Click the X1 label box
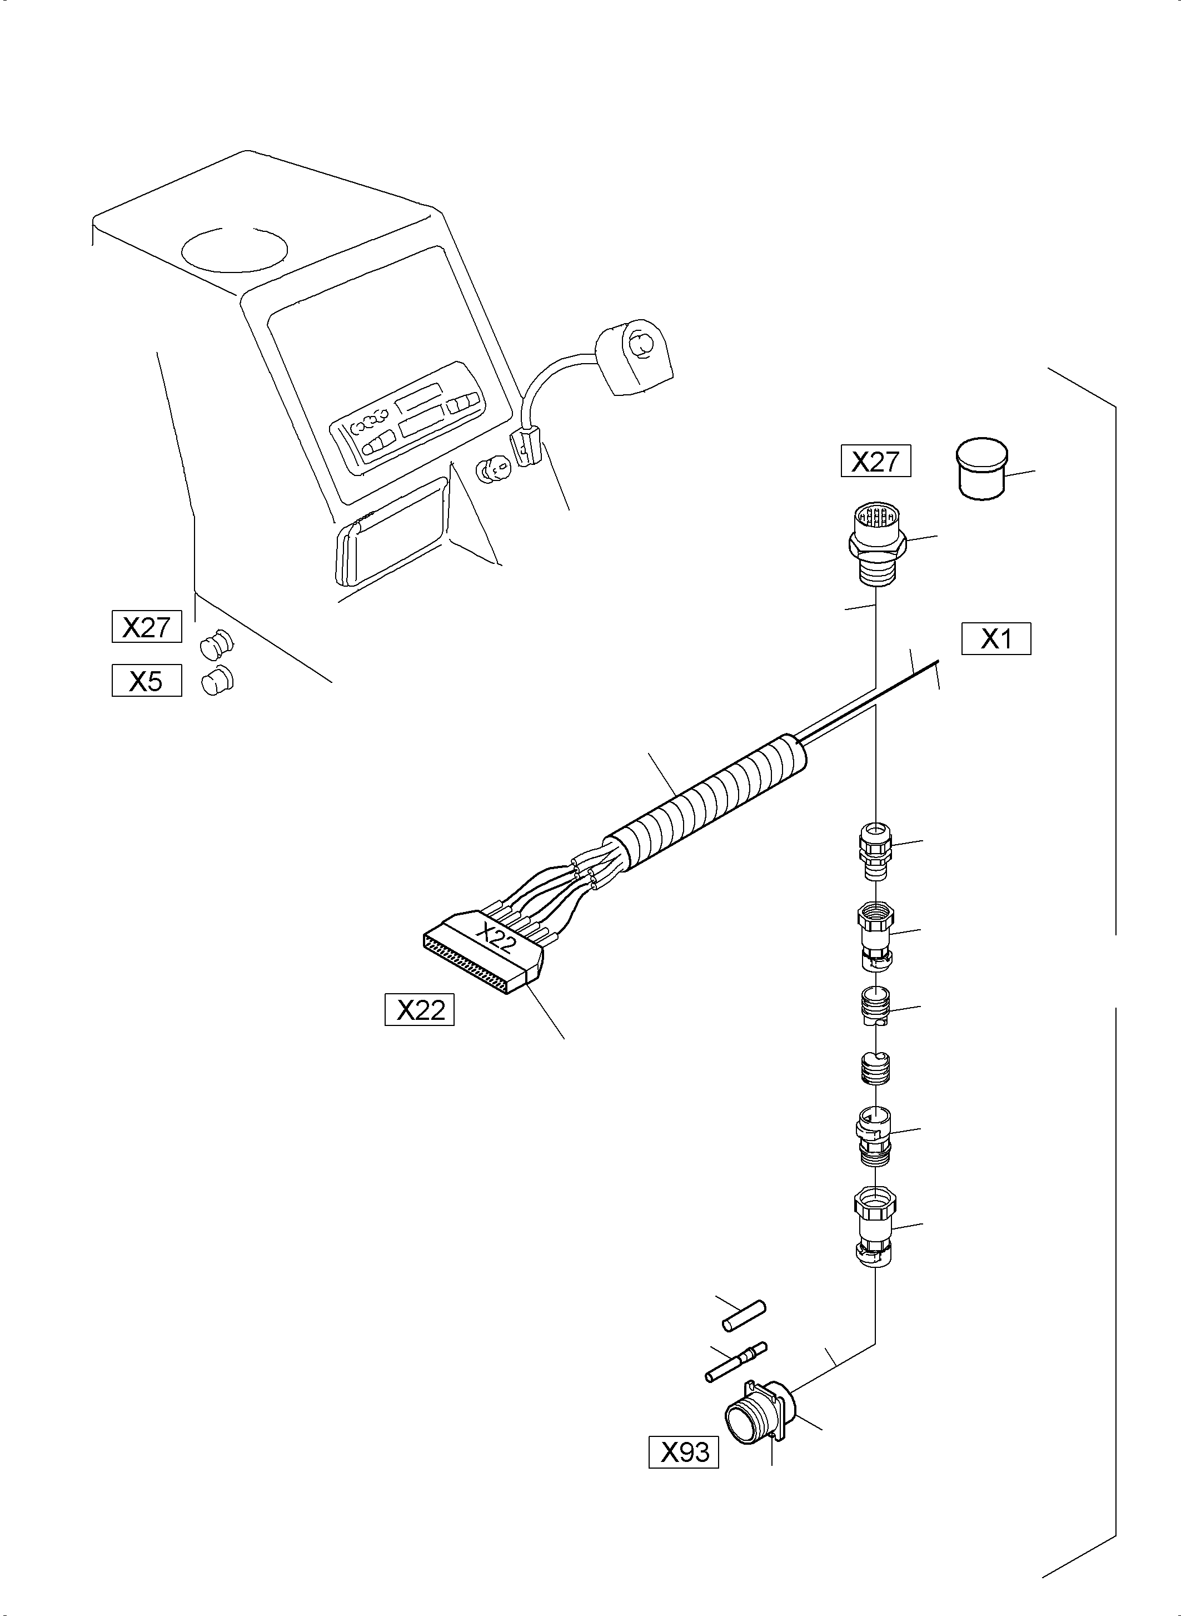(x=996, y=639)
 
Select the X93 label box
(x=684, y=1451)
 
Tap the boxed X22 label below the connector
(x=420, y=1009)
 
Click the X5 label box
(x=147, y=680)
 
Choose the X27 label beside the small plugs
(x=147, y=627)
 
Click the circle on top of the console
(x=235, y=250)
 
